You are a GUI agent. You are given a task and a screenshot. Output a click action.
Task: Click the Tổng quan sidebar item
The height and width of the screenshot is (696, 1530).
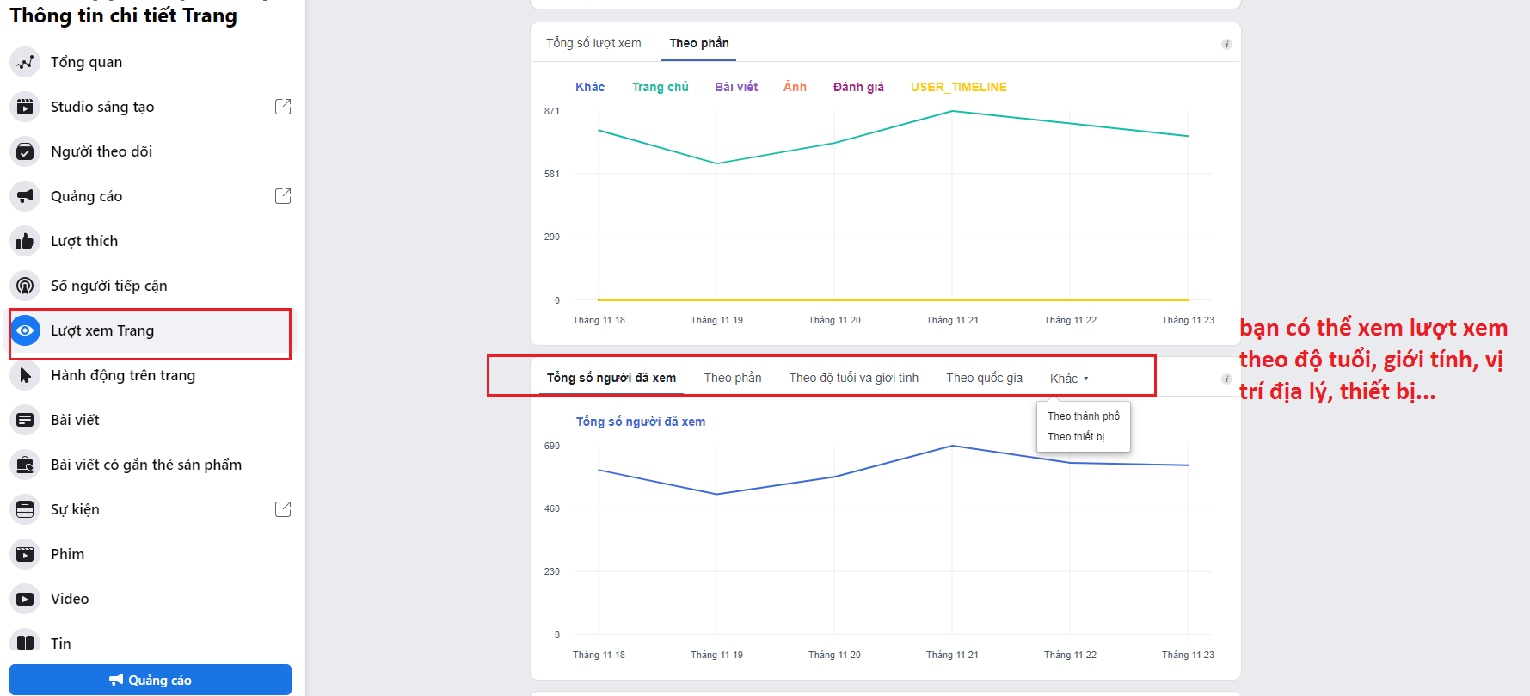coord(86,62)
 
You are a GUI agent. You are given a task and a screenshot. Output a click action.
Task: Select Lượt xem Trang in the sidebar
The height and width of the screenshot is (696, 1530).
coord(101,330)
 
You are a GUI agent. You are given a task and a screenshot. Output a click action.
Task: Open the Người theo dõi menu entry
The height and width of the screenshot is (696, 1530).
coord(101,151)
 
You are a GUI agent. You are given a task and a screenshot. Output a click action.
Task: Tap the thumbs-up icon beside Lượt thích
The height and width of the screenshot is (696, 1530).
coord(25,241)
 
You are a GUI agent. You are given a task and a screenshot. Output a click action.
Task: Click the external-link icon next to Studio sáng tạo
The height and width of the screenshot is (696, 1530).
coord(282,107)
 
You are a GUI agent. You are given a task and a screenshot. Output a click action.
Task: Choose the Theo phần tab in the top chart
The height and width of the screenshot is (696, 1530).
coord(698,43)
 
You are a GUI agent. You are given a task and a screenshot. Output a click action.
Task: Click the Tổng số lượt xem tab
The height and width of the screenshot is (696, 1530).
coord(593,43)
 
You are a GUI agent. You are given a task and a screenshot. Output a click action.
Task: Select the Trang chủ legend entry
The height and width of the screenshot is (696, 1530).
coord(660,87)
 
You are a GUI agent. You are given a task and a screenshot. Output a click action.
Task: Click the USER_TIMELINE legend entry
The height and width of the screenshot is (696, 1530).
coord(958,87)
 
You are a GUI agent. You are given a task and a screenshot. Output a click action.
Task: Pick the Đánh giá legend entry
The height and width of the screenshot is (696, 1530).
coord(857,87)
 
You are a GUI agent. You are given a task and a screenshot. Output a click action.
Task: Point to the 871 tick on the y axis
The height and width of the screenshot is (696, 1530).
coord(551,111)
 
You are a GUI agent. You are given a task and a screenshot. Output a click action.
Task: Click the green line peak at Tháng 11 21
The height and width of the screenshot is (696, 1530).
coord(952,111)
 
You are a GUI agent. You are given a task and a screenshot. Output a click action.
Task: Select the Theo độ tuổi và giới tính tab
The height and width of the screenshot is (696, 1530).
coord(853,378)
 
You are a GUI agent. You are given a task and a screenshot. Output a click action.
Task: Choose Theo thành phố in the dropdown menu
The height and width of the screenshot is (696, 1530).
coord(1083,416)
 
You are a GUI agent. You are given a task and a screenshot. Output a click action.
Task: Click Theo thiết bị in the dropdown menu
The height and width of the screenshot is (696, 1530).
coord(1075,437)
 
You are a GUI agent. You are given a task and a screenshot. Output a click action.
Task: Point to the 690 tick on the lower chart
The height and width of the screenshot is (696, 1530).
coord(551,446)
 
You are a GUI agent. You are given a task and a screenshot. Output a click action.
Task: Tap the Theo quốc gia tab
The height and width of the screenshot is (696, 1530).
coord(984,378)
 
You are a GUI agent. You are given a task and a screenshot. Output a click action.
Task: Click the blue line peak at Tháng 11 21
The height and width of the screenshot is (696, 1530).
coord(952,446)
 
